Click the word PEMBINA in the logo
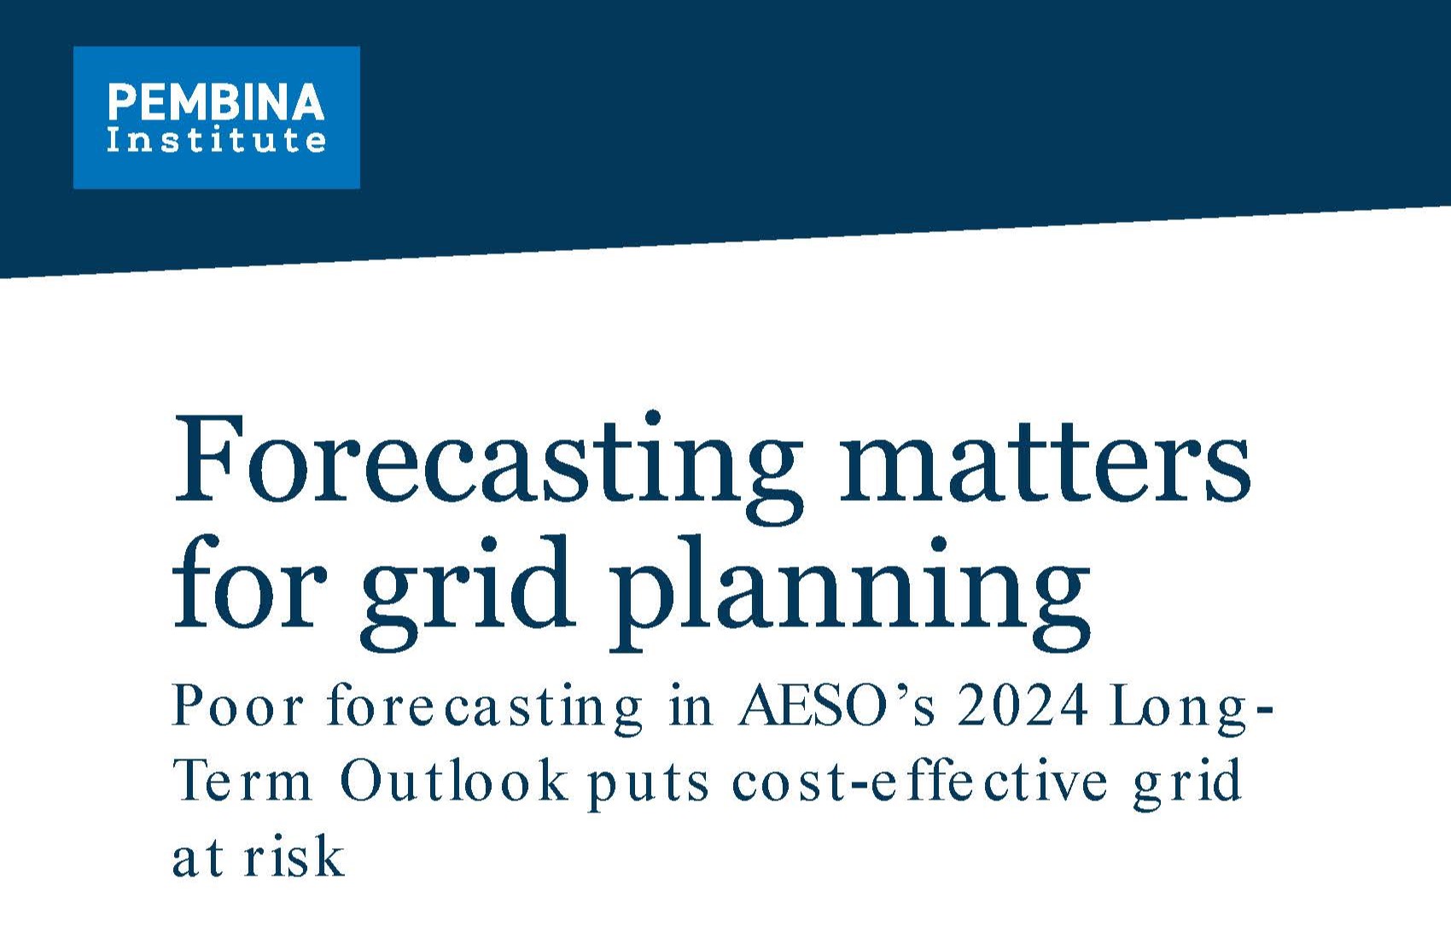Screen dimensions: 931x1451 tap(216, 102)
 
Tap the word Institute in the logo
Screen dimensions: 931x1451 tap(216, 140)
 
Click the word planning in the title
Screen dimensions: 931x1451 tap(849, 589)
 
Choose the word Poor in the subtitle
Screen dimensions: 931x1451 tap(238, 707)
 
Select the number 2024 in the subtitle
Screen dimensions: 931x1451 tap(1023, 707)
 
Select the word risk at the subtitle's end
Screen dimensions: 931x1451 tap(294, 857)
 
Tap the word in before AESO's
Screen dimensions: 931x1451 tap(691, 707)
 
